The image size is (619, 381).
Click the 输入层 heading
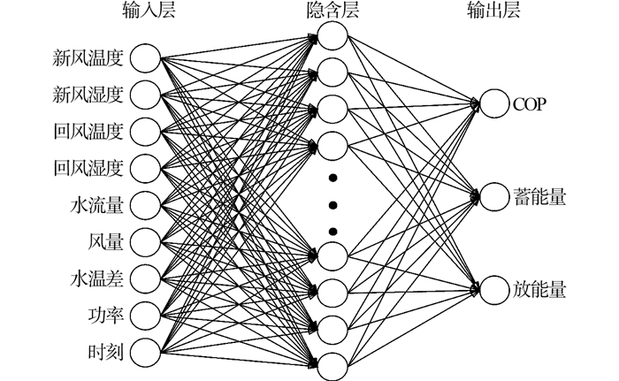tap(145, 11)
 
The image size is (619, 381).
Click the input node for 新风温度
tap(146, 59)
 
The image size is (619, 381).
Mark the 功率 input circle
tap(146, 314)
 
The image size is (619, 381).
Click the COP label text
tap(531, 104)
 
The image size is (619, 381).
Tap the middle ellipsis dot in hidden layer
tap(332, 205)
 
